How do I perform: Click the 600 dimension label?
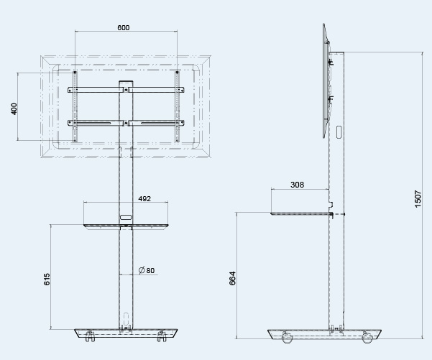pos(123,27)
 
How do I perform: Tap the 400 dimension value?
pos(14,109)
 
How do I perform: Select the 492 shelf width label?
pos(144,198)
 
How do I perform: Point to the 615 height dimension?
pos(47,279)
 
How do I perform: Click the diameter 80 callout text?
pos(147,270)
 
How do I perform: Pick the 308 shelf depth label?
pos(297,185)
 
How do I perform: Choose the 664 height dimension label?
pos(232,278)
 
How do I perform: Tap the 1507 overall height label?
pos(418,199)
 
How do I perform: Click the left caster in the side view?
pos(287,338)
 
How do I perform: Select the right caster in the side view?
pos(367,338)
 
